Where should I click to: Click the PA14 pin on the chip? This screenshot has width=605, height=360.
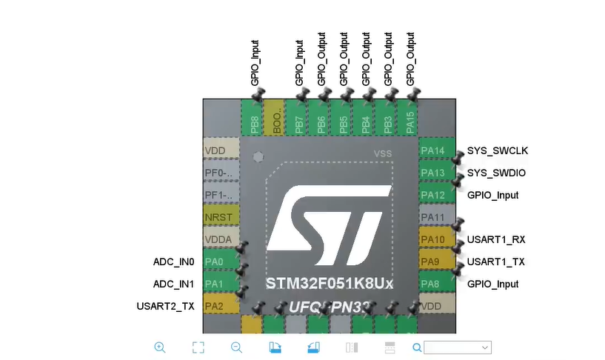[x=433, y=151]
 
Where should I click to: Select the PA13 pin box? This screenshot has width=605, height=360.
[x=433, y=173]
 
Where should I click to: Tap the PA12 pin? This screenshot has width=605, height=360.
[x=433, y=195]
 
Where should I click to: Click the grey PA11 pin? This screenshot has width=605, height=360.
[x=433, y=218]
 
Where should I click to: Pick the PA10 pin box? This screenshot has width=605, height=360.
[x=433, y=240]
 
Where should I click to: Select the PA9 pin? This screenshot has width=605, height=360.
[x=433, y=262]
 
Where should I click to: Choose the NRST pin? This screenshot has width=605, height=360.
[x=220, y=218]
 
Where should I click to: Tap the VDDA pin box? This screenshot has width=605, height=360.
[x=220, y=240]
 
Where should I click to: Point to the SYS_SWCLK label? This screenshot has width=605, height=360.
[x=497, y=151]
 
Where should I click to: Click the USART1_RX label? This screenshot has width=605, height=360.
[x=495, y=240]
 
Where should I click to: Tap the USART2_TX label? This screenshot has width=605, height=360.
[x=165, y=306]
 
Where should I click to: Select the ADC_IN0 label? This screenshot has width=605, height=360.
[x=173, y=262]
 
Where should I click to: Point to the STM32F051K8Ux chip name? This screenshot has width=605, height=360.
[x=330, y=284]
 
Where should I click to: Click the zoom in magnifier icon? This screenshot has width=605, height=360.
[x=160, y=347]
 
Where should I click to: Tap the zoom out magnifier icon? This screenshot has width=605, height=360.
[x=236, y=347]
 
